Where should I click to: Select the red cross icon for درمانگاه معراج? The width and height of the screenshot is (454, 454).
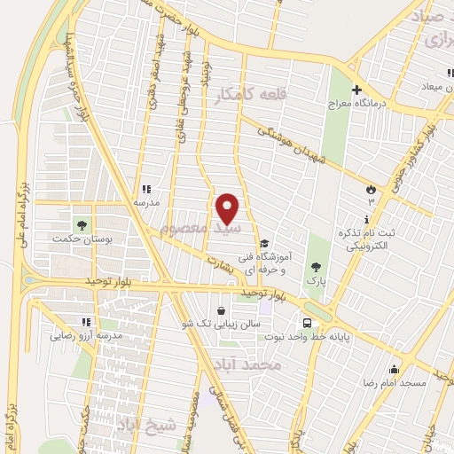pyautogui.click(x=357, y=90)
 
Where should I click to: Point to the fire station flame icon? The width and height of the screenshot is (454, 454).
pyautogui.click(x=370, y=189)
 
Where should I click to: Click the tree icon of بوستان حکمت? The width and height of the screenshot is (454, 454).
pyautogui.click(x=82, y=224)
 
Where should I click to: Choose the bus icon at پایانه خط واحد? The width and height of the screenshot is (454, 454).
pyautogui.click(x=307, y=324)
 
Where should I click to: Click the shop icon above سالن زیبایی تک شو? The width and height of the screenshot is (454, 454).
pyautogui.click(x=220, y=310)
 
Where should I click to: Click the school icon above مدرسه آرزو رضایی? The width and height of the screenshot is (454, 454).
pyautogui.click(x=86, y=323)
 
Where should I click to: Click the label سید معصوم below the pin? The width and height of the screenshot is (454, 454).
pyautogui.click(x=189, y=230)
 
